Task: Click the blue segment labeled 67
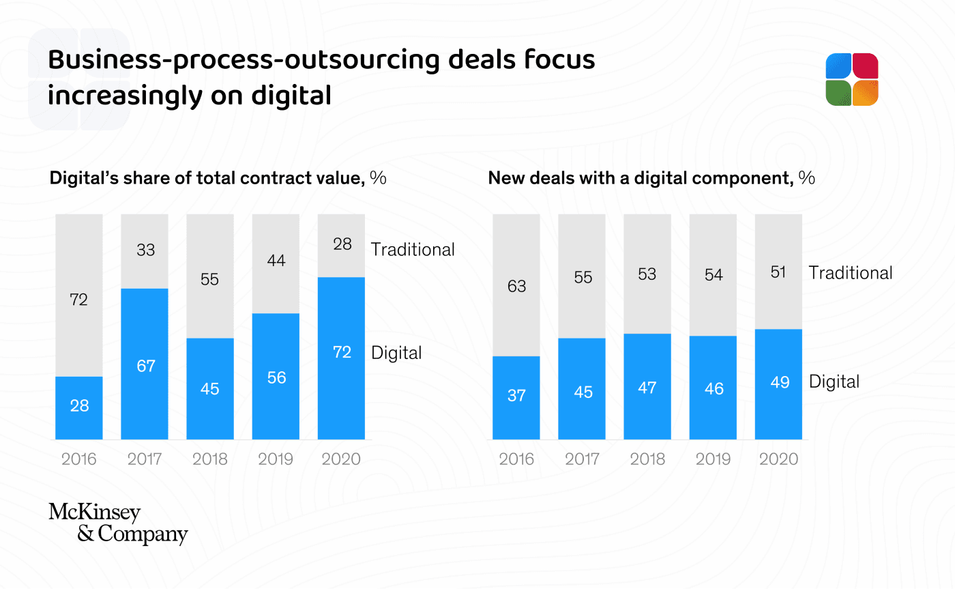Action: pos(145,364)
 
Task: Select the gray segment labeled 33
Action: pos(145,250)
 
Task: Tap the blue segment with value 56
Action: pos(276,376)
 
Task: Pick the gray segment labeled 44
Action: pos(276,263)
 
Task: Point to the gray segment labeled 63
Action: pos(516,285)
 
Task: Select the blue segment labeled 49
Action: pos(778,384)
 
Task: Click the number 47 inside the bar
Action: pos(647,388)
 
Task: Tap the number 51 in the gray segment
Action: pos(778,272)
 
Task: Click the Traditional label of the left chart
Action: pos(413,250)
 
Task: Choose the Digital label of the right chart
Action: pos(834,382)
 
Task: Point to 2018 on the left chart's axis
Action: pos(210,459)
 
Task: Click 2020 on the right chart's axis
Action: pos(778,459)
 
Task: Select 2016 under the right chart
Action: pos(516,459)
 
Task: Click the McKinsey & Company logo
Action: pos(118,523)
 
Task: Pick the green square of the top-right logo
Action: pos(838,93)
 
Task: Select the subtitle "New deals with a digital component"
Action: pos(641,179)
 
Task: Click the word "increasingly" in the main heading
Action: pos(123,95)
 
